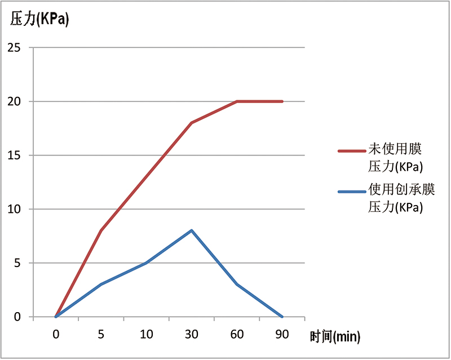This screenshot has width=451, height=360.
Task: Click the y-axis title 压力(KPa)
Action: pyautogui.click(x=39, y=20)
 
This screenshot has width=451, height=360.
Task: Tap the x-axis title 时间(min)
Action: pyautogui.click(x=335, y=337)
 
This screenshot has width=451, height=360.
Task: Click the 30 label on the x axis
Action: pyautogui.click(x=192, y=334)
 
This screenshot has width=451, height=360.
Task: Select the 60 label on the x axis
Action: pyautogui.click(x=237, y=334)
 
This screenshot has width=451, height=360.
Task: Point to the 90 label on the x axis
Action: pyautogui.click(x=282, y=334)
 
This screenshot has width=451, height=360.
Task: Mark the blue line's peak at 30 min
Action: pyautogui.click(x=192, y=230)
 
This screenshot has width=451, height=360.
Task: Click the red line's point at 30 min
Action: pyautogui.click(x=192, y=123)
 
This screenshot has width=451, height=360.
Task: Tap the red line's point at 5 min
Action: pyautogui.click(x=101, y=230)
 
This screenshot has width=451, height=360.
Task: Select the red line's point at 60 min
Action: pyautogui.click(x=237, y=101)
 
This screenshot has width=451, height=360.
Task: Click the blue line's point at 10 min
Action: pyautogui.click(x=147, y=263)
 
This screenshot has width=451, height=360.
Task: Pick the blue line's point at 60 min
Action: pyautogui.click(x=237, y=285)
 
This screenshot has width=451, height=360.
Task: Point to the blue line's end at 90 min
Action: pyautogui.click(x=282, y=317)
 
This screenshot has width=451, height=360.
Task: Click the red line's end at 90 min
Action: pyautogui.click(x=282, y=101)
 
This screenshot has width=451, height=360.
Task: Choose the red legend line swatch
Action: pyautogui.click(x=352, y=151)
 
